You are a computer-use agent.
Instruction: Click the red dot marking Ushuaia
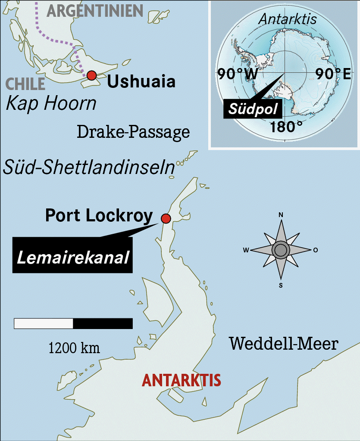[x=91, y=76]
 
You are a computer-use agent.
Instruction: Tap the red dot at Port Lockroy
[x=166, y=218]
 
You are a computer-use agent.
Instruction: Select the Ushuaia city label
[x=141, y=81]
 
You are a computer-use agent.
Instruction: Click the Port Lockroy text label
[x=99, y=215]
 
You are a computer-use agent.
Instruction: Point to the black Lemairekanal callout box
[x=72, y=258]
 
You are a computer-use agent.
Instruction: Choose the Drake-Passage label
[x=133, y=132]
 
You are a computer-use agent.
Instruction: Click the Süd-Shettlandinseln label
[x=88, y=167]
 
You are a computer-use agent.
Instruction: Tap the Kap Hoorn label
[x=51, y=103]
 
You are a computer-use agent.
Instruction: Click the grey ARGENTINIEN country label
[x=95, y=10]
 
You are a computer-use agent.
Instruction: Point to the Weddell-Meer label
[x=283, y=344]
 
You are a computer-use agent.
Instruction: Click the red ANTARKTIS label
[x=181, y=380]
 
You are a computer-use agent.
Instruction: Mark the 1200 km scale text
[x=74, y=348]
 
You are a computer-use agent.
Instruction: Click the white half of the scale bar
[x=44, y=323]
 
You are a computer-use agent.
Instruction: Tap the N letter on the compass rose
[x=281, y=214]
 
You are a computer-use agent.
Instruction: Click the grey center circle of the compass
[x=281, y=250]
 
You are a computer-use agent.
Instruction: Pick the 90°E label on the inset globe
[x=332, y=74]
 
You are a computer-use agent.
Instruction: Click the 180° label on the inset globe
[x=286, y=127]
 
